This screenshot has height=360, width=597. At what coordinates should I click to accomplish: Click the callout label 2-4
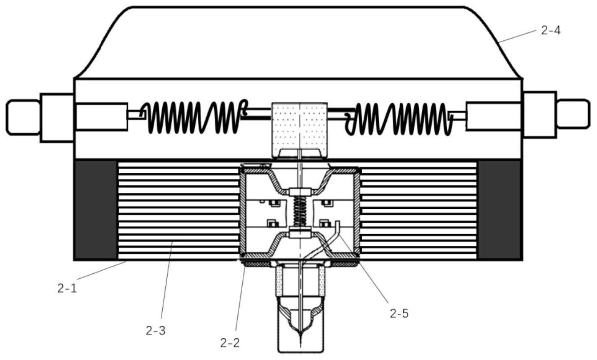point(551,31)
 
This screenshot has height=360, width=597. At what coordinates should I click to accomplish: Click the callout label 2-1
point(67,288)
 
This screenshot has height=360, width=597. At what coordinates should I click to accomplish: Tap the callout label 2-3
point(156,330)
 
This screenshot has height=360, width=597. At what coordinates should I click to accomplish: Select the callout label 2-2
point(230,343)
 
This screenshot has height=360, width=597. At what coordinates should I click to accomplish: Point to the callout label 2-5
point(399,314)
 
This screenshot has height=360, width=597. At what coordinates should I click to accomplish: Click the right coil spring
point(399,119)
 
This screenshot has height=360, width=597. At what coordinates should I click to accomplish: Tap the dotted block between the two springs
point(300,130)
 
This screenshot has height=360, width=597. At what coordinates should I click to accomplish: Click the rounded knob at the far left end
point(23,117)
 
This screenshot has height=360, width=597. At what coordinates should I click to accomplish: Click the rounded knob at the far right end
point(573,114)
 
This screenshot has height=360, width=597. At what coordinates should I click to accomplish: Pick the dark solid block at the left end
point(96,209)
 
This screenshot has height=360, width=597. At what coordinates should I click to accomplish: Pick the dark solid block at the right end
point(499,209)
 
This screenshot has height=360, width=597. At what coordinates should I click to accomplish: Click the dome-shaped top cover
point(299,43)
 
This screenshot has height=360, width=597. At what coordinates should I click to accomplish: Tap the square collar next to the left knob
point(57,118)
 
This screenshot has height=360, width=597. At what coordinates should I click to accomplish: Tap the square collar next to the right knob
point(540,115)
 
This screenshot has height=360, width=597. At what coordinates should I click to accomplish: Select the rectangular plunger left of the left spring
point(101,117)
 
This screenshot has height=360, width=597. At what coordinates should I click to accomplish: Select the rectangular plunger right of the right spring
point(493,116)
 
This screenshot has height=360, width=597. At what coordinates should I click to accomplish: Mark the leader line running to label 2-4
point(517,36)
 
